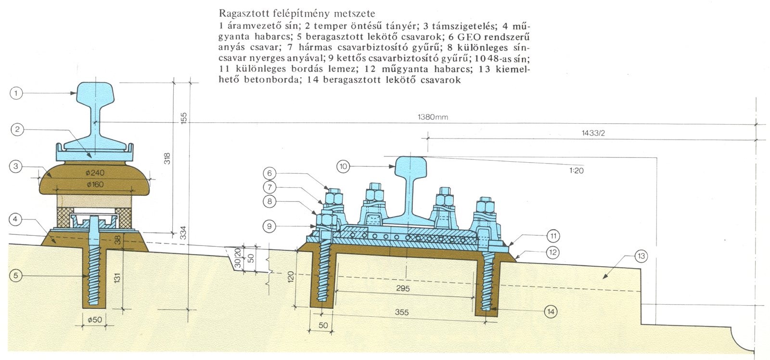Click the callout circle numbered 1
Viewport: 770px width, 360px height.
(x=16, y=93)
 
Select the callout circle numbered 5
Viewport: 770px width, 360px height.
(x=16, y=276)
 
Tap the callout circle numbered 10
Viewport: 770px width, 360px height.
(x=343, y=167)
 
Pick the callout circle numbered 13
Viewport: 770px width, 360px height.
(x=641, y=257)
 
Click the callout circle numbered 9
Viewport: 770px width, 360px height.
(x=270, y=226)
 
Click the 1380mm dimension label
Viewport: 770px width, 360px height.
(x=433, y=117)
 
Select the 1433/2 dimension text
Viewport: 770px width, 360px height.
(x=593, y=133)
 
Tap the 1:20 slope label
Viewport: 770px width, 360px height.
(x=576, y=170)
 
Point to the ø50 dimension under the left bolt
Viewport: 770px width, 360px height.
(x=96, y=320)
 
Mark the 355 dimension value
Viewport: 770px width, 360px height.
(x=402, y=312)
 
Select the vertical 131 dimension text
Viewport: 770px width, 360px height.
(x=118, y=278)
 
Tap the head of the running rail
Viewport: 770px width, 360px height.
(x=411, y=166)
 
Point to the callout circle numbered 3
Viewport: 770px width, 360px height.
(x=16, y=167)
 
